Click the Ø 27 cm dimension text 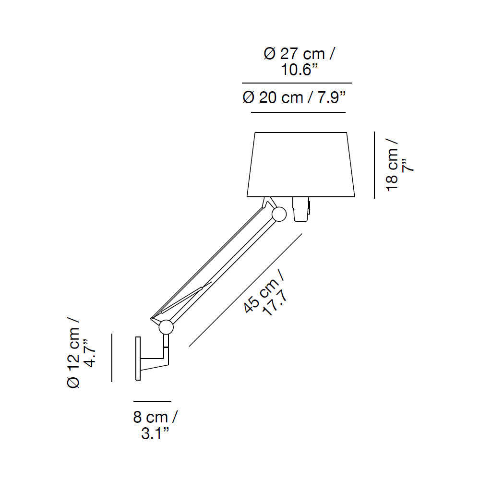coord(299,54)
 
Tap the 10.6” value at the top coord(300,70)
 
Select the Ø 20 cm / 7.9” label coord(295,98)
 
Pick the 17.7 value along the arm coord(275,302)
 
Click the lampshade coord(300,164)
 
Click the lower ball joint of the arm coord(166,327)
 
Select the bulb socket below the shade coord(300,209)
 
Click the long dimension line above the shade coord(297,83)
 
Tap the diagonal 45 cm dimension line coord(245,289)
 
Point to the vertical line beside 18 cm coord(374,165)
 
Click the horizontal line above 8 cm coord(152,401)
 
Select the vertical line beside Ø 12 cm coord(111,358)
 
